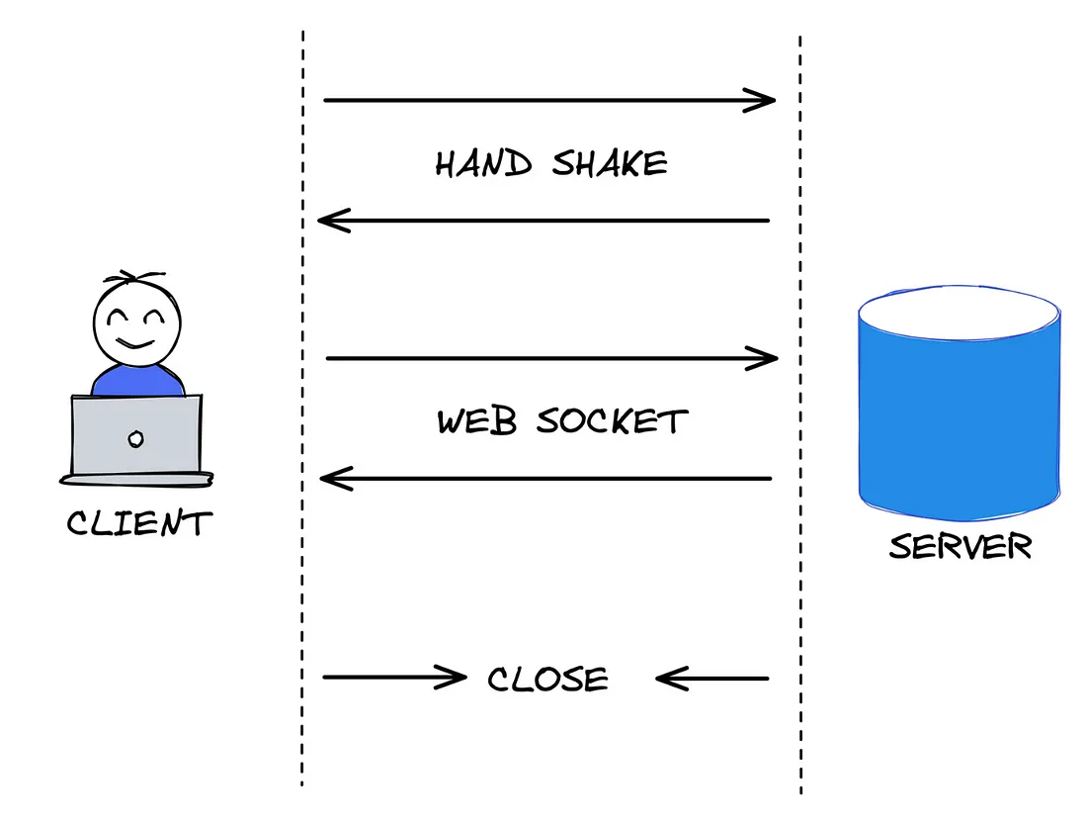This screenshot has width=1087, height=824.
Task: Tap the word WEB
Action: pyautogui.click(x=477, y=421)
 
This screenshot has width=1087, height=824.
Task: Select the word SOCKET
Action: pyautogui.click(x=613, y=421)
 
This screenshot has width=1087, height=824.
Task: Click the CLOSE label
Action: pyautogui.click(x=548, y=680)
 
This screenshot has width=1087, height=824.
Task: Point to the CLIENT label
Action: pyautogui.click(x=139, y=523)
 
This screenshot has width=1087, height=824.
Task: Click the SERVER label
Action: pyautogui.click(x=960, y=546)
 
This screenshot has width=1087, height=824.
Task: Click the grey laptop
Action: pyautogui.click(x=136, y=435)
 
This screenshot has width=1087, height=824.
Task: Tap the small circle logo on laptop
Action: pyautogui.click(x=136, y=437)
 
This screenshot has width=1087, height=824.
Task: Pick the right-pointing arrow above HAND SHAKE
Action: pyautogui.click(x=548, y=100)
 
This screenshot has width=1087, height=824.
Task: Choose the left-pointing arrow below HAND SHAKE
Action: pyautogui.click(x=543, y=220)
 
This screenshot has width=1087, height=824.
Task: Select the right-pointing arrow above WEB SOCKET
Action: pyautogui.click(x=550, y=358)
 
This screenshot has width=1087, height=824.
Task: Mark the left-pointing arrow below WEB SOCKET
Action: pyautogui.click(x=544, y=479)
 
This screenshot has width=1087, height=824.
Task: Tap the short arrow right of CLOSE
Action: pyautogui.click(x=711, y=679)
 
